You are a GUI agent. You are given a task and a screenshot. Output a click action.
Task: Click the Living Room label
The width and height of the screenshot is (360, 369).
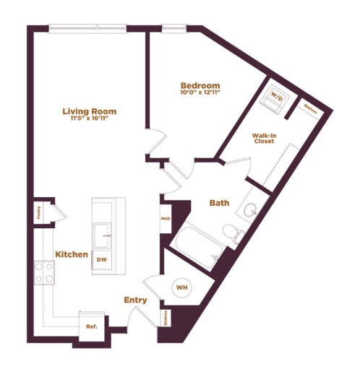click(89, 111)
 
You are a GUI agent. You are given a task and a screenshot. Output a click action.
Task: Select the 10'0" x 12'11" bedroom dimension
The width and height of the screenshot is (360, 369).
click(200, 94)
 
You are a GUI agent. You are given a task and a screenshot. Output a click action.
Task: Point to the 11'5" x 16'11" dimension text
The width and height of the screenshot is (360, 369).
click(89, 120)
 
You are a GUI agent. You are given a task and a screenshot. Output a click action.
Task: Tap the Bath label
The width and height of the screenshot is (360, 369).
click(219, 203)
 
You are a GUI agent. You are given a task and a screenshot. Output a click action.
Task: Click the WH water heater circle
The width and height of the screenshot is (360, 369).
click(181, 287)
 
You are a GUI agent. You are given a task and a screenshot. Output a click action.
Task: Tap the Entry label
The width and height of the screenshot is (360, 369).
click(135, 300)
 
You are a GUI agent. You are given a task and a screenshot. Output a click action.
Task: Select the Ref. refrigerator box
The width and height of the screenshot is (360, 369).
click(91, 326)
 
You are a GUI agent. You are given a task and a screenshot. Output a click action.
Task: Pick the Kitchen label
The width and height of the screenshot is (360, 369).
click(72, 255)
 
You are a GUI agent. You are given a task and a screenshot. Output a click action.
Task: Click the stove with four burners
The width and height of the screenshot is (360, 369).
click(43, 272)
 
